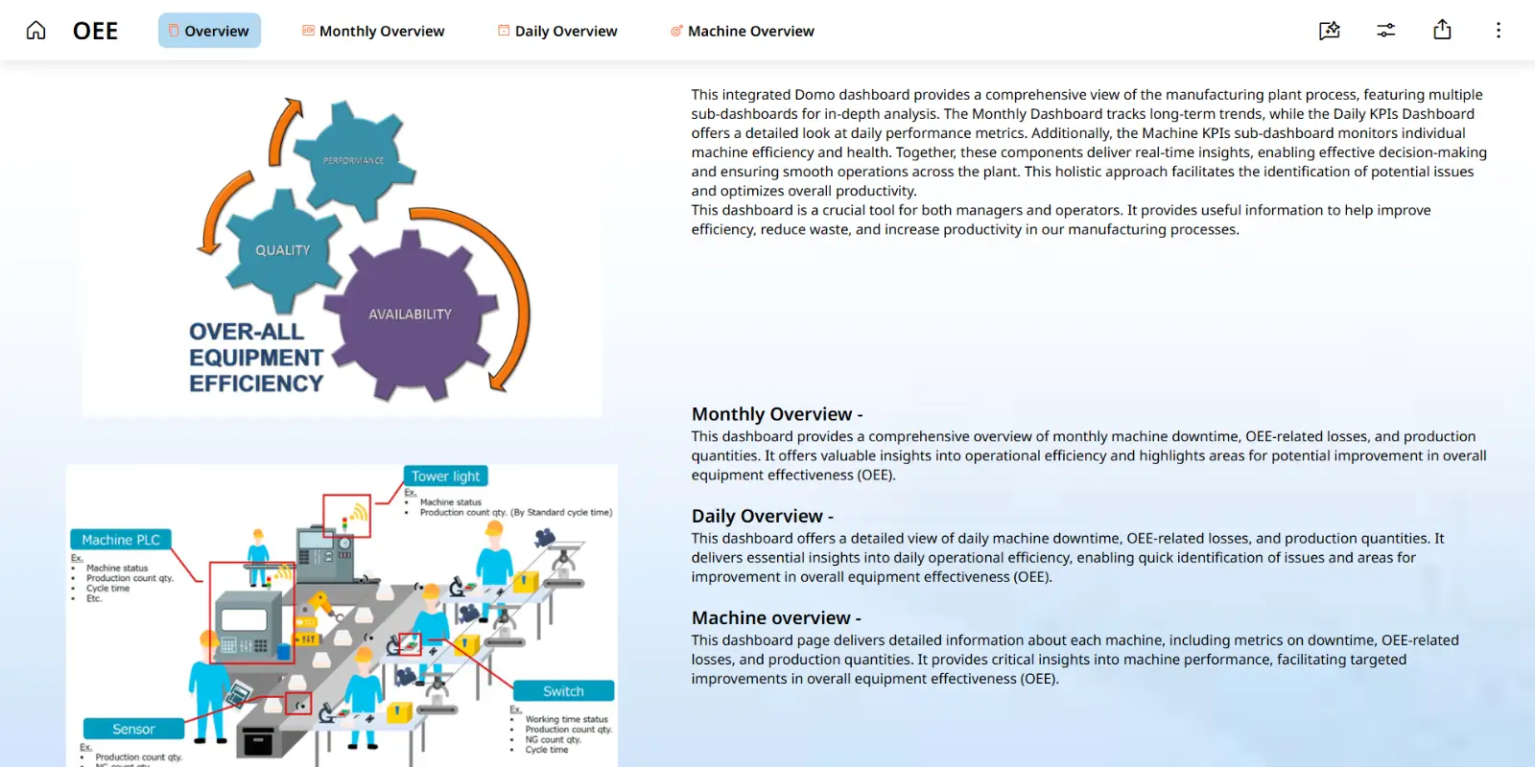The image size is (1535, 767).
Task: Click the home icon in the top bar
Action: tap(35, 31)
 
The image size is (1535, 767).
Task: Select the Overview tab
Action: tap(209, 31)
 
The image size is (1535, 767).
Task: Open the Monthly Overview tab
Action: tap(373, 31)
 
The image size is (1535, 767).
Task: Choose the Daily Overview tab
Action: tap(557, 31)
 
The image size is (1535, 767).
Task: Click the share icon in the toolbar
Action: tap(1442, 31)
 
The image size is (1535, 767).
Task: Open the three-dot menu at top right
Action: tap(1498, 31)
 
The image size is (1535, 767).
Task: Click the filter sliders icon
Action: tap(1385, 31)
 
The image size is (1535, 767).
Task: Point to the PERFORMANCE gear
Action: tap(353, 160)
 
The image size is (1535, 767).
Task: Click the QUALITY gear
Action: tap(283, 250)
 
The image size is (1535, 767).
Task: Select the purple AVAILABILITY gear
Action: tap(411, 314)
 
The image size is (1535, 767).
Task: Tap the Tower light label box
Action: tap(446, 476)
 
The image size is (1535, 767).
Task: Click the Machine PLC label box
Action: tap(121, 540)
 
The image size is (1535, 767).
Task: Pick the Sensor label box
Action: tap(133, 730)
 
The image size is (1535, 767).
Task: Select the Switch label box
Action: tap(563, 691)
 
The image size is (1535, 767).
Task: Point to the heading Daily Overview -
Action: tap(763, 516)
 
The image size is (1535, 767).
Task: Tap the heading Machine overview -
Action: tap(776, 618)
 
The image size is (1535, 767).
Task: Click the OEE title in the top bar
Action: tap(96, 31)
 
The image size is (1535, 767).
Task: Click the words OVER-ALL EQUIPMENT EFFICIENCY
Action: tap(255, 358)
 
